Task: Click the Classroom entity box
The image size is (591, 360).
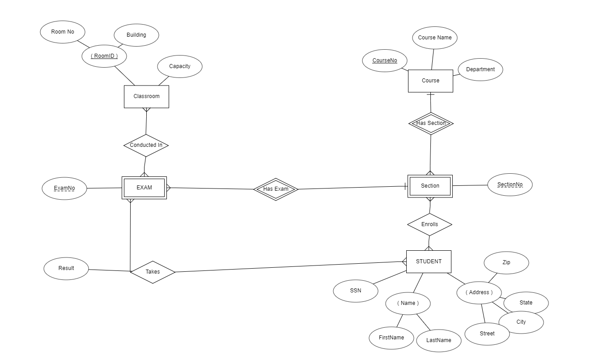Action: (146, 97)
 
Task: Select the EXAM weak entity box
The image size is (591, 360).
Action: (144, 188)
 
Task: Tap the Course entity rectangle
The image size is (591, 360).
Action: (430, 81)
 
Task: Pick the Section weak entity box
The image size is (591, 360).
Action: (430, 186)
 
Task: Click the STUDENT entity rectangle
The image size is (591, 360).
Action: (429, 261)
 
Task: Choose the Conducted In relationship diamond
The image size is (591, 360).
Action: (146, 145)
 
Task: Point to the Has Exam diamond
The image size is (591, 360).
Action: (276, 189)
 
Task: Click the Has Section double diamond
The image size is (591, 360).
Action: (431, 123)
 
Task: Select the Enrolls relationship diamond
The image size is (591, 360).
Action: (429, 224)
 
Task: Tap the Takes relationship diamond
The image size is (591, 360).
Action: (153, 272)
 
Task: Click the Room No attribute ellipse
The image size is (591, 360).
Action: (63, 32)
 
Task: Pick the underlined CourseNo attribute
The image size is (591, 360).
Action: (385, 60)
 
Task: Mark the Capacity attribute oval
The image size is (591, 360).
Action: (180, 66)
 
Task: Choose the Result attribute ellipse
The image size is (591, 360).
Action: (66, 268)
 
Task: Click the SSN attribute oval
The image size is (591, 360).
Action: (356, 291)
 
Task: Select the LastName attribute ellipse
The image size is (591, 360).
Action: (438, 340)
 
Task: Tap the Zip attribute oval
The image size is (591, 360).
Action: (506, 262)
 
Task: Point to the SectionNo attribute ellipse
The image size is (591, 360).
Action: (510, 185)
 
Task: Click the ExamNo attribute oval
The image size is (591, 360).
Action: (64, 189)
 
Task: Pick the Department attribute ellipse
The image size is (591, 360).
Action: (480, 69)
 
